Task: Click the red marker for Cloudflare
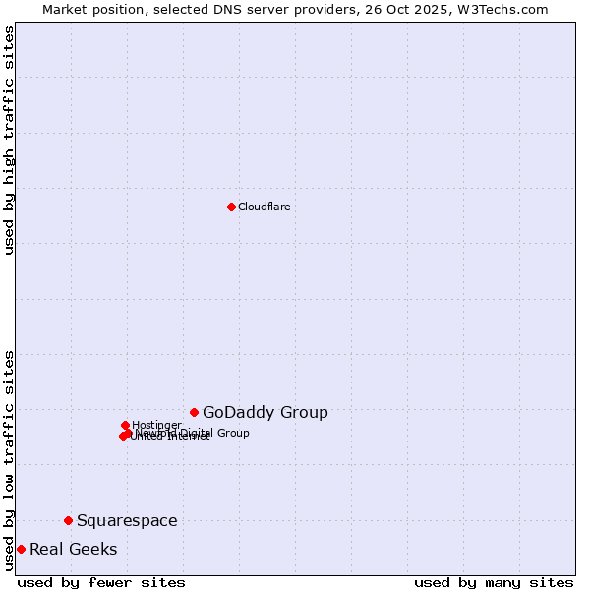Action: click(231, 206)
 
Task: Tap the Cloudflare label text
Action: click(264, 206)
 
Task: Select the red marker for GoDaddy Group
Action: click(195, 412)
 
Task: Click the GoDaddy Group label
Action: click(265, 413)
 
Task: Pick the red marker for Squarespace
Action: click(68, 520)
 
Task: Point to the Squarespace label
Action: click(127, 521)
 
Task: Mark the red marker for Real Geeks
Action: click(21, 549)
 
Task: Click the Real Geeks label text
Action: click(74, 550)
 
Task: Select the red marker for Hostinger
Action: click(125, 425)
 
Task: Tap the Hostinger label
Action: click(156, 425)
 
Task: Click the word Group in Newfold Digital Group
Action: click(233, 433)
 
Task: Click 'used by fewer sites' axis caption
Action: click(101, 582)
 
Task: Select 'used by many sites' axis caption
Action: click(494, 582)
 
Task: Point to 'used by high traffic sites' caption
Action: click(10, 140)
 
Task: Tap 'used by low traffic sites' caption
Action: click(10, 460)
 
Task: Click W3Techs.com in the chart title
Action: click(506, 9)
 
